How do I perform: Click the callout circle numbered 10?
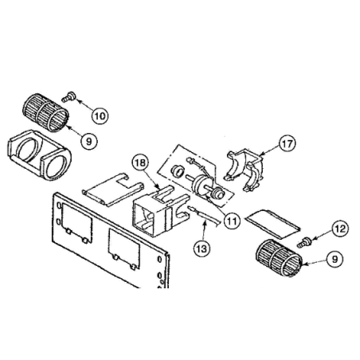(x=100, y=116)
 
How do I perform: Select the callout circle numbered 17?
(x=288, y=143)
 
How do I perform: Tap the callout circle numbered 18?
(x=140, y=162)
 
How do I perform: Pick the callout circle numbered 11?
(x=232, y=221)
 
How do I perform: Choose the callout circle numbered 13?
(x=202, y=248)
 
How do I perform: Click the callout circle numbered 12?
(x=340, y=229)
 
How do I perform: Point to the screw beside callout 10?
(x=68, y=96)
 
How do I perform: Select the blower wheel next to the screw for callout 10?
(x=45, y=112)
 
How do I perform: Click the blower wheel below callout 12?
(x=279, y=258)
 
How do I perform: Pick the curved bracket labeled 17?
(x=245, y=170)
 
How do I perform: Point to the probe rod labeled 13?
(x=204, y=216)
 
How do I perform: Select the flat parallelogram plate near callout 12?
(x=272, y=224)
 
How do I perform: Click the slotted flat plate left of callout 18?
(x=113, y=190)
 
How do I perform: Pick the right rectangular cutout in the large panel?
(x=124, y=249)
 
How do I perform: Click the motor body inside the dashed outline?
(x=203, y=186)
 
